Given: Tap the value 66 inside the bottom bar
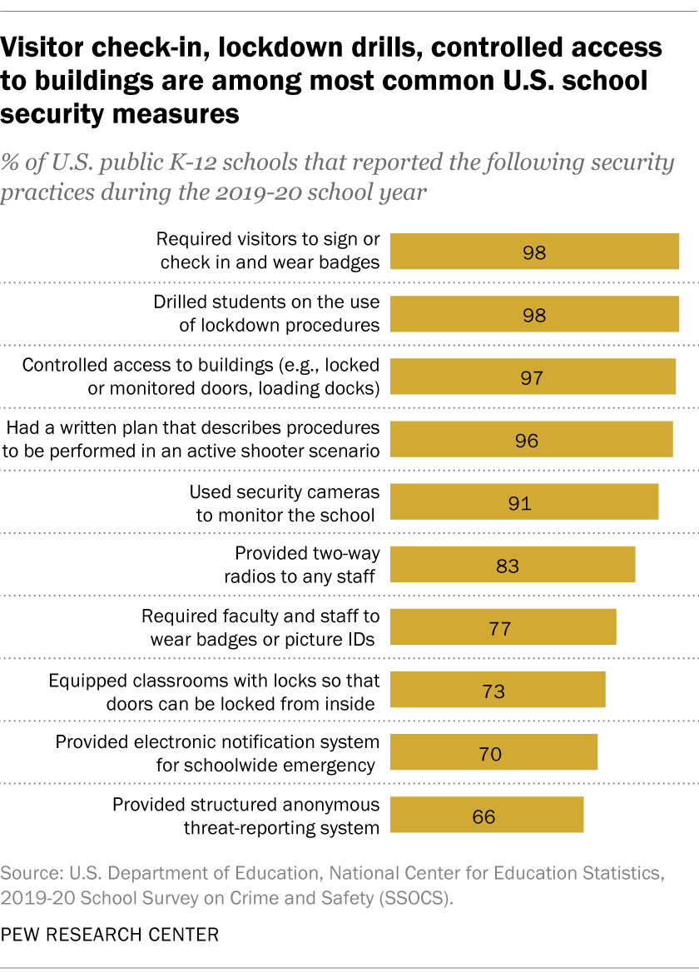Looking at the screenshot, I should tap(483, 816).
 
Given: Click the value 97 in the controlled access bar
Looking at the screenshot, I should tap(531, 377).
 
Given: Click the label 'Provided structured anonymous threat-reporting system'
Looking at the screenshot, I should tap(246, 816).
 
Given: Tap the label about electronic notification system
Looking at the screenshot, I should tap(218, 753).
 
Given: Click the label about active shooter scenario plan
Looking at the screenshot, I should tap(193, 439).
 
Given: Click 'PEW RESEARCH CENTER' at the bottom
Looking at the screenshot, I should tap(111, 935).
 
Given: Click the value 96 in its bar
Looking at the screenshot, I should tap(527, 440).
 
